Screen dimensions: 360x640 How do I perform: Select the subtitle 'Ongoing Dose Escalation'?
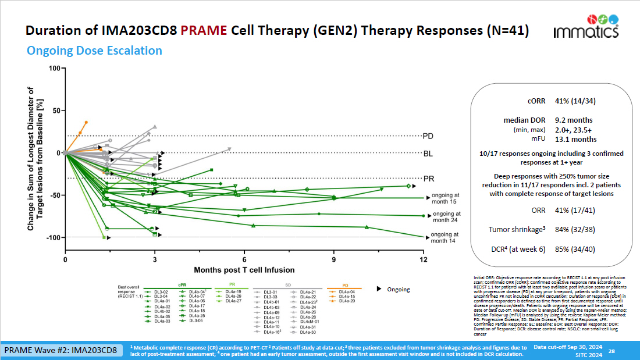tap(94, 51)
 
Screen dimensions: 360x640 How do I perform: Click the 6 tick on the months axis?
tap(244, 259)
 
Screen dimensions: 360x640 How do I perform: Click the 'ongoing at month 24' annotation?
tap(446, 217)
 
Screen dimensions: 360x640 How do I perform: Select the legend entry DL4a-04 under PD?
tap(347, 291)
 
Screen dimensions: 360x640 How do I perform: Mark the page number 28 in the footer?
tap(611, 351)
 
